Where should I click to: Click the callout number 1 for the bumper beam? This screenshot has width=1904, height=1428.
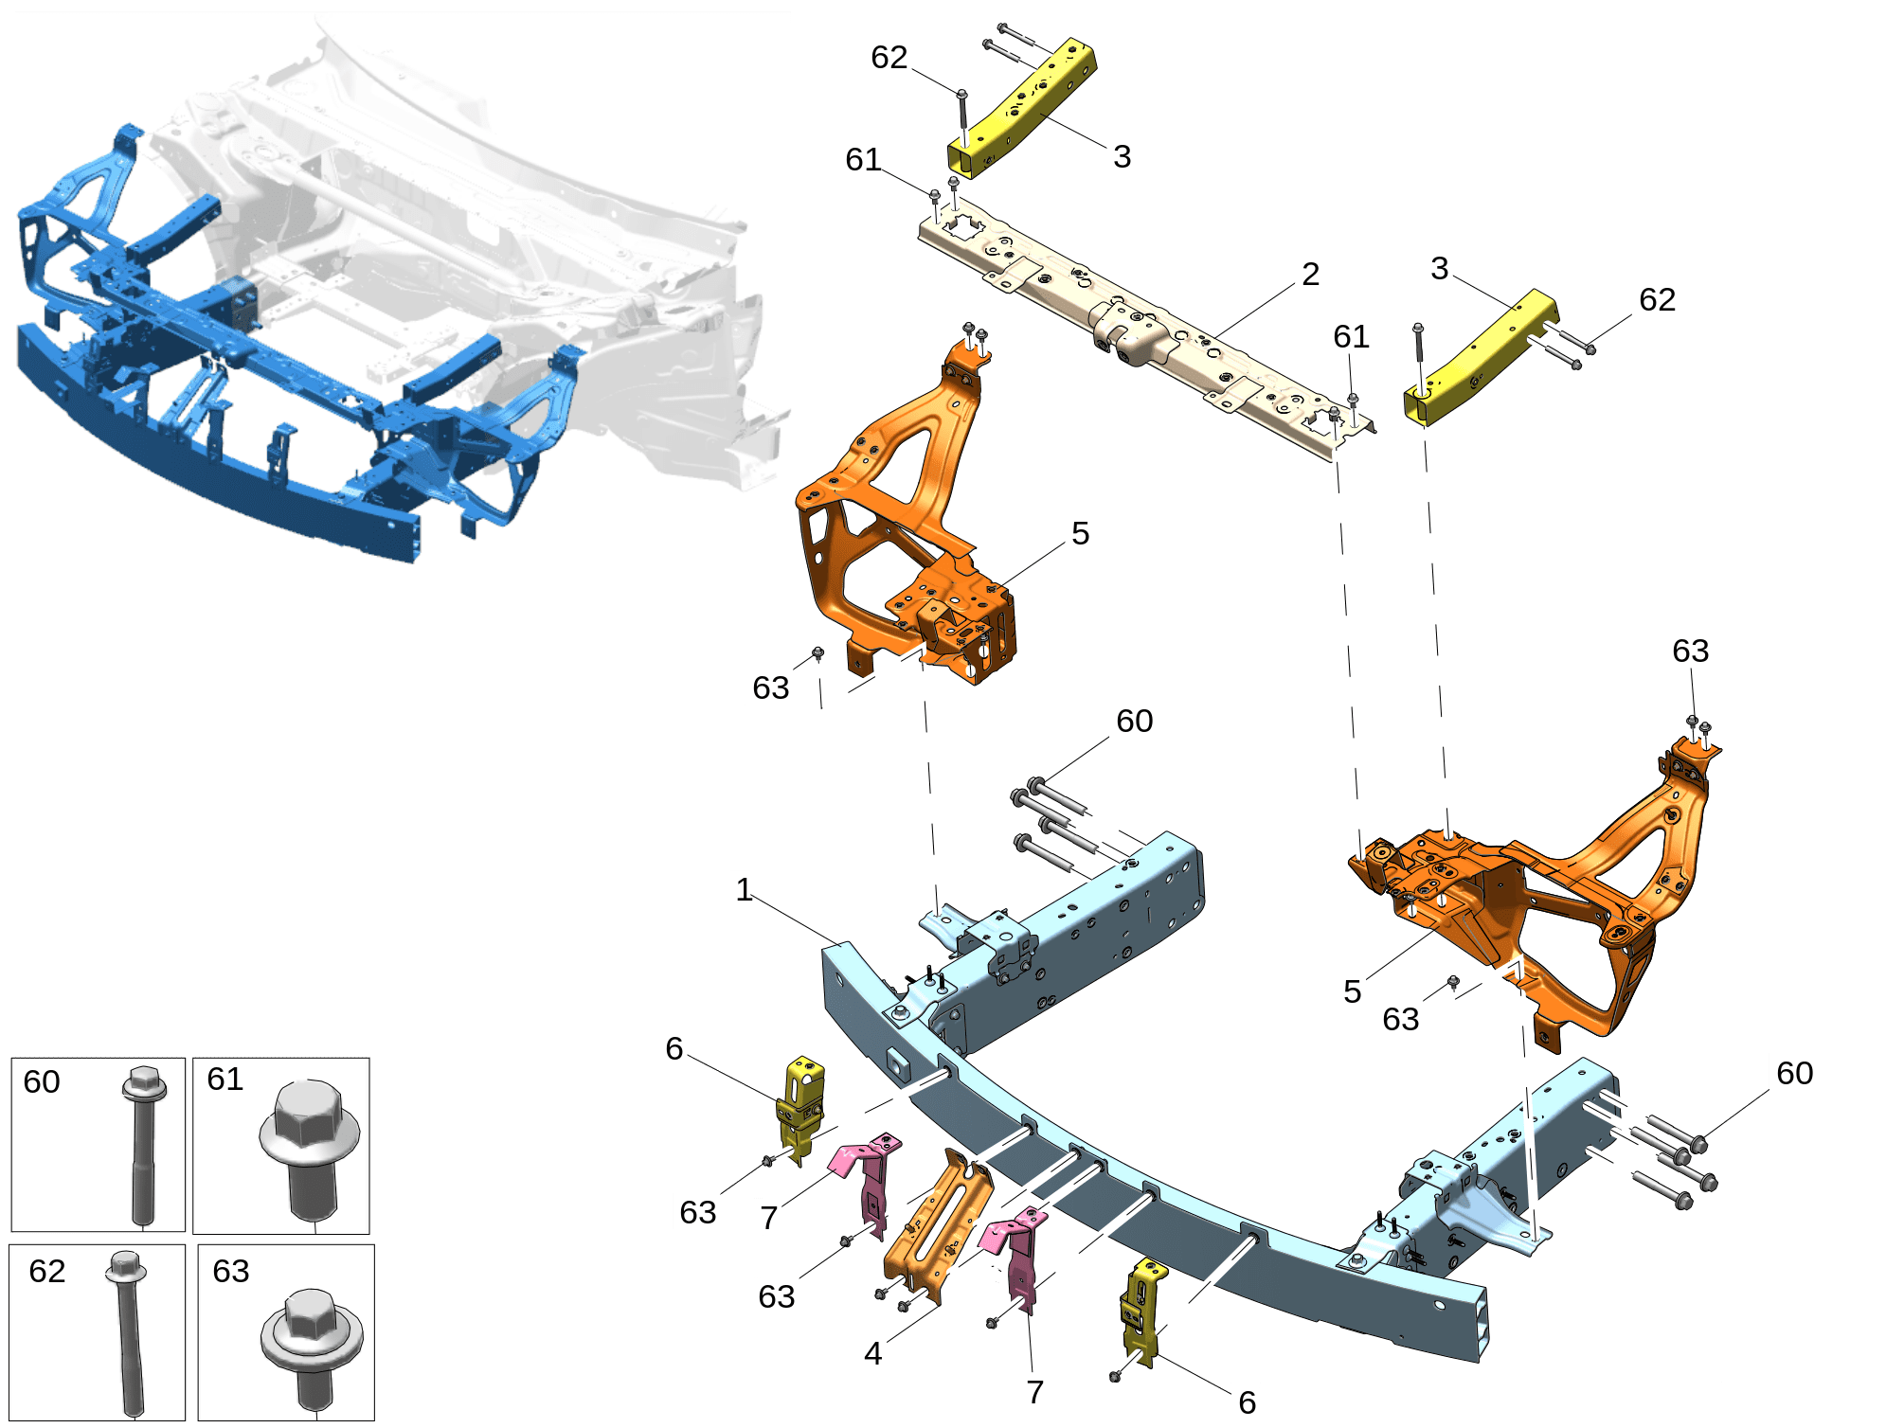(745, 889)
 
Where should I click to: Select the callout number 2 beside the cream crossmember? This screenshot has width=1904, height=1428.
(1310, 274)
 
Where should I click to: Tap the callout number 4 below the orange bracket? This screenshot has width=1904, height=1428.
(872, 1353)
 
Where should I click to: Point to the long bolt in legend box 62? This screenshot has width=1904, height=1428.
(128, 1331)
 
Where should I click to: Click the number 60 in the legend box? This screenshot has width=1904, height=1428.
(42, 1081)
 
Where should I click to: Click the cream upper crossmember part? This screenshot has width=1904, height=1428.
(1137, 327)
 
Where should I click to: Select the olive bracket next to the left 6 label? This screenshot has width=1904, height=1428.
(800, 1108)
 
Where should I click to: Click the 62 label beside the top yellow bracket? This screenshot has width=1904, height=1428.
(889, 57)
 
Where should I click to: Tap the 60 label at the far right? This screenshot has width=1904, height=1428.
(1794, 1073)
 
